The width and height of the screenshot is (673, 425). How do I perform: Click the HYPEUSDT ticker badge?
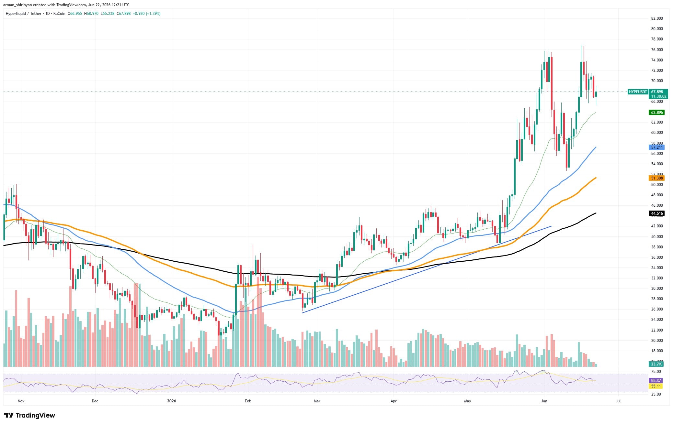point(638,92)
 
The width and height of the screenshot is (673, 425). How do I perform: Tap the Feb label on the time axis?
point(248,401)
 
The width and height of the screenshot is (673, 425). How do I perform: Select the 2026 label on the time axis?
point(171,401)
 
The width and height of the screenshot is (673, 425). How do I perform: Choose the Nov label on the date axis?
point(21,401)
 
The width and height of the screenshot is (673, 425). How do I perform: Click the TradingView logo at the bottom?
point(29,415)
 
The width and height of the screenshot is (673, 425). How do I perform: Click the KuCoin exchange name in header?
point(59,14)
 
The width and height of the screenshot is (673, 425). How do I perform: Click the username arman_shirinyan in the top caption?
point(18,5)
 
